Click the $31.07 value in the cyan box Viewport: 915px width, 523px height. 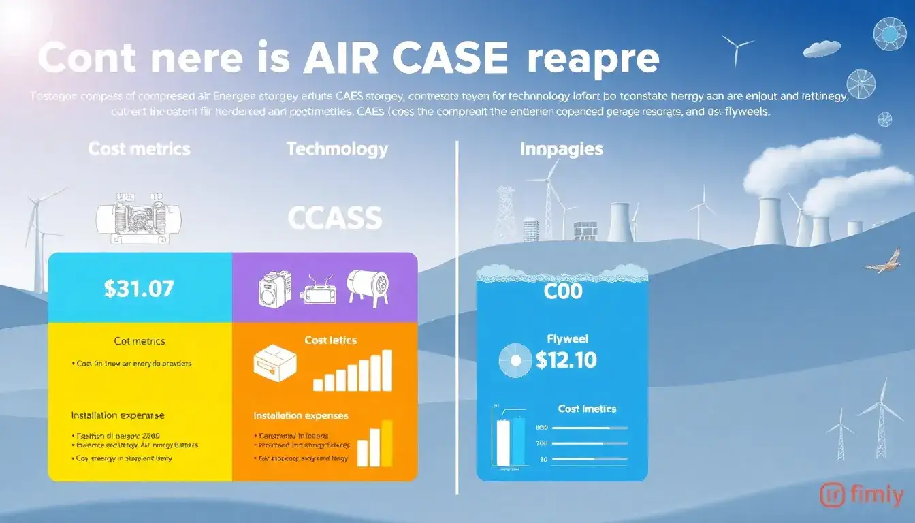[139, 288]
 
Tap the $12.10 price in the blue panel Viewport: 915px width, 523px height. [566, 360]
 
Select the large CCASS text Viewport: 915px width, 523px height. [334, 219]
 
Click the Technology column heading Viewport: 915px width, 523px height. [337, 149]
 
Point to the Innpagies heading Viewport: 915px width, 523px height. [562, 149]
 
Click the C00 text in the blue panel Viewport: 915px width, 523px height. [563, 292]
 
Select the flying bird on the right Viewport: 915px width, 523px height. [884, 261]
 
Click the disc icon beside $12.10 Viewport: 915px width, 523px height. [515, 360]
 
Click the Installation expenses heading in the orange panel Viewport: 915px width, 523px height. [300, 415]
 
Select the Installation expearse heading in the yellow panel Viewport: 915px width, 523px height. [117, 415]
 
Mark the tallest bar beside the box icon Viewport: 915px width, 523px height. [387, 370]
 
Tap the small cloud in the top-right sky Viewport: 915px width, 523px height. [822, 48]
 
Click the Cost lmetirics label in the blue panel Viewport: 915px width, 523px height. [587, 409]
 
